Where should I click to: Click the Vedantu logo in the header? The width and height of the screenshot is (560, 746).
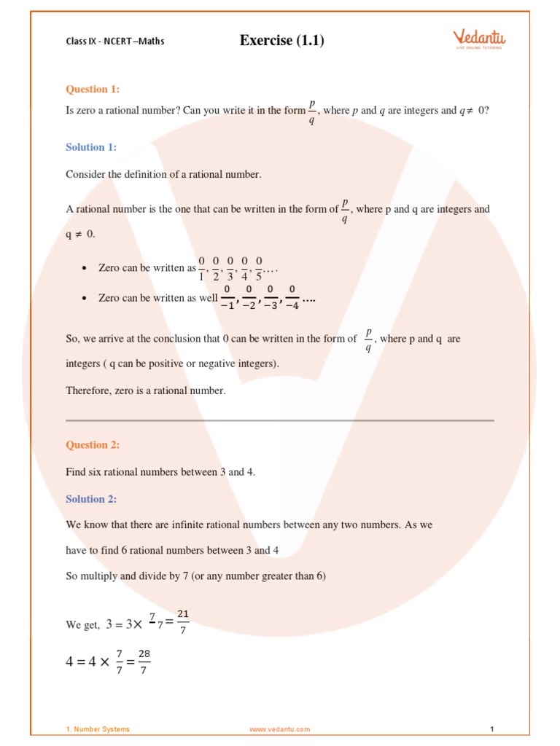479,39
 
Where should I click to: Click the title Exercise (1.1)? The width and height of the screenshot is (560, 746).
281,41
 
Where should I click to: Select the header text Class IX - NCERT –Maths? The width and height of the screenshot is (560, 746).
114,42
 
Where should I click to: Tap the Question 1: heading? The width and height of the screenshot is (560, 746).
93,90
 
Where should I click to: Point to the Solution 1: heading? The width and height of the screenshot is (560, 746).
91,147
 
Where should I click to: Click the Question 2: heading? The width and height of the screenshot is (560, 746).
93,445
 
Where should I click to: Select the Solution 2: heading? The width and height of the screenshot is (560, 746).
91,499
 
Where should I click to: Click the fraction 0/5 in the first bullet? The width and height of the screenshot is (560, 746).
259,268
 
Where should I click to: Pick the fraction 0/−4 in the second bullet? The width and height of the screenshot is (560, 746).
292,298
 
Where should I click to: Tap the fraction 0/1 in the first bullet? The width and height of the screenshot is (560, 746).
201,268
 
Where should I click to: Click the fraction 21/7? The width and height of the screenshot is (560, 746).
183,622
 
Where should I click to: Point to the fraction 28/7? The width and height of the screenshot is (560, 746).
144,662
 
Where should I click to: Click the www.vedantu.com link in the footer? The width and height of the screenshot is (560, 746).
279,729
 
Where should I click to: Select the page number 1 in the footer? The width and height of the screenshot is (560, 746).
492,729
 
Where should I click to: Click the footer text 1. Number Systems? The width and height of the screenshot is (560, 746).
98,729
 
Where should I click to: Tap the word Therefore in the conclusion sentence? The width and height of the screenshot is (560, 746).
88,391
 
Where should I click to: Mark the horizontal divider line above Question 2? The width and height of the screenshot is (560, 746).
280,420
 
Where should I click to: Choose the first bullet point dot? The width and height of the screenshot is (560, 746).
85,269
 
